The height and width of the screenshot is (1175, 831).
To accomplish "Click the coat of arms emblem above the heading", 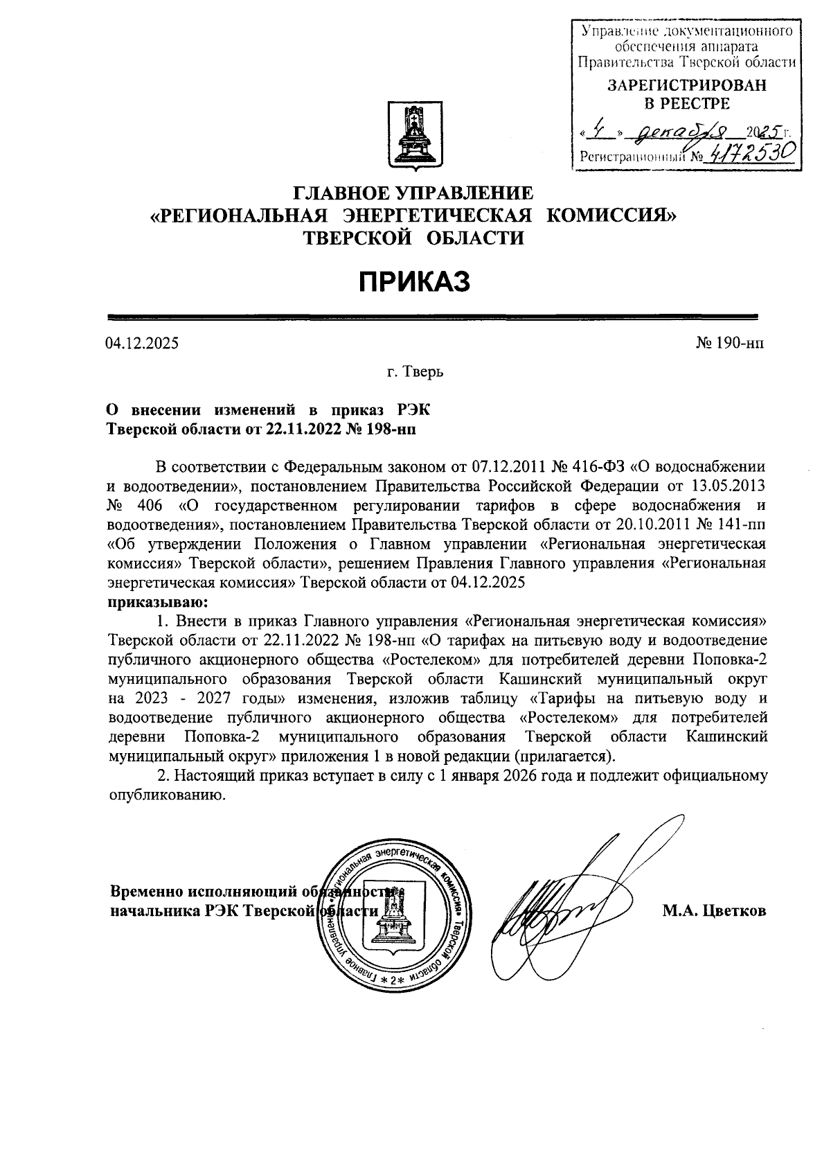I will click(413, 134).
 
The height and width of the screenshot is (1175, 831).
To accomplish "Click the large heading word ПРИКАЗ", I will click(414, 282).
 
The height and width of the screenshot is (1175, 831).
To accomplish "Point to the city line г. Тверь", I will click(415, 372).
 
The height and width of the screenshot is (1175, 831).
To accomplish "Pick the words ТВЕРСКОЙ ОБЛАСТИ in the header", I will click(414, 238).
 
